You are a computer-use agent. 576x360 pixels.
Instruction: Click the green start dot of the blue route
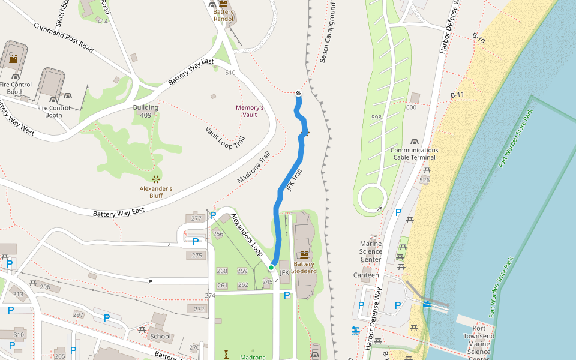click(x=271, y=267)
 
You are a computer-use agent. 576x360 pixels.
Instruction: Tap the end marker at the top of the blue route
click(x=298, y=93)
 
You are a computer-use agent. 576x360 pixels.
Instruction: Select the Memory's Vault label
click(x=250, y=111)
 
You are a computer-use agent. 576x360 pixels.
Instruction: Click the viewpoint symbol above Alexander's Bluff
click(x=156, y=179)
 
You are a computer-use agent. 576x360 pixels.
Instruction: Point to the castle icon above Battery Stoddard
click(x=304, y=254)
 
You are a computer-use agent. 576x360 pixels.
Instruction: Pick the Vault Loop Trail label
click(x=225, y=138)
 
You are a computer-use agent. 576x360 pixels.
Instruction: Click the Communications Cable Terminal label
click(x=415, y=154)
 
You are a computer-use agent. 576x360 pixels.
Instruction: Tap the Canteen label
click(x=366, y=275)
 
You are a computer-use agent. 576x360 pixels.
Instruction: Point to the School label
click(x=161, y=336)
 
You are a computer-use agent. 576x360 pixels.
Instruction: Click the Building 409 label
click(x=146, y=111)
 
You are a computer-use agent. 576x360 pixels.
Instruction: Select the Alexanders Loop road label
click(x=247, y=235)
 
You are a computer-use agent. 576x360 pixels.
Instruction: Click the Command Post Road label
click(x=64, y=38)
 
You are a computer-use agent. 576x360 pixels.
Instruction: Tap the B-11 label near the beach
click(x=457, y=95)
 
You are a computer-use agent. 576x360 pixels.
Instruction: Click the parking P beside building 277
click(x=213, y=215)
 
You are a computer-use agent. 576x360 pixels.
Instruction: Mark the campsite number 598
click(x=376, y=118)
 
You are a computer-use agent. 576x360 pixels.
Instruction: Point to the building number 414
click(x=103, y=22)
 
